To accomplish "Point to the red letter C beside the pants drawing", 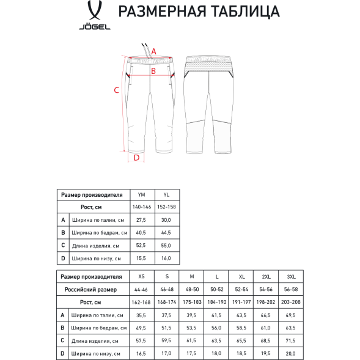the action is click(117, 90).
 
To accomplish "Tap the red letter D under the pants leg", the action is click(136, 158).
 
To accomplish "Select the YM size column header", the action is click(142, 194).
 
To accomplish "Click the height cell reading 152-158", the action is click(166, 207).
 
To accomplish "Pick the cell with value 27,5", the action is click(142, 220).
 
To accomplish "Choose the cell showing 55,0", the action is click(166, 246).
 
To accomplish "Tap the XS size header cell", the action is click(142, 276).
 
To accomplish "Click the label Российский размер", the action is click(94, 289).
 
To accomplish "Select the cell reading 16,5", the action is click(142, 353).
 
